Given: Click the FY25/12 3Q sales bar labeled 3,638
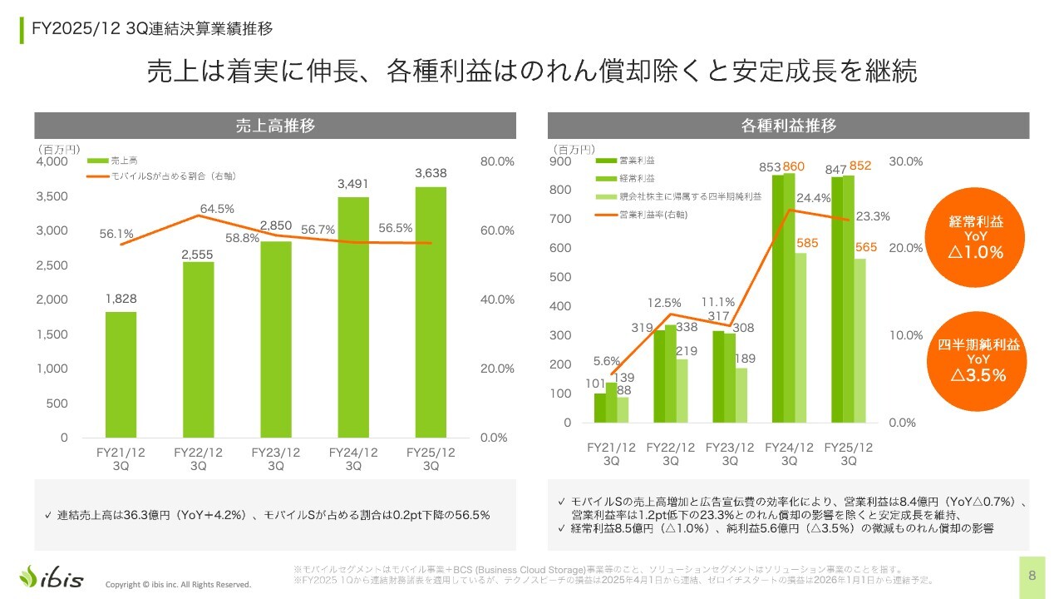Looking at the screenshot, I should click(431, 312).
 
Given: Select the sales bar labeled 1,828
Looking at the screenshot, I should click(121, 374).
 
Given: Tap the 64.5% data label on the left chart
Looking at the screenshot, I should click(216, 209).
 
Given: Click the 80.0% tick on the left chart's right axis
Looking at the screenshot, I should click(498, 161).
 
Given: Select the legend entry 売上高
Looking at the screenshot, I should click(124, 161).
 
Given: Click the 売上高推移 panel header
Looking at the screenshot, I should click(274, 126).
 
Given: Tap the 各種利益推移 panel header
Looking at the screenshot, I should click(788, 126).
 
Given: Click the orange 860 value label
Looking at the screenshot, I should click(794, 167).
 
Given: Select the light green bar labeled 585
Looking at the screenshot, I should click(800, 337).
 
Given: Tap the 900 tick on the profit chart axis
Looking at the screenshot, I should click(562, 161).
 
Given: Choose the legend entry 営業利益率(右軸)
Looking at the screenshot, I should click(656, 215).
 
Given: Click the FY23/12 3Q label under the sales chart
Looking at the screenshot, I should click(276, 459).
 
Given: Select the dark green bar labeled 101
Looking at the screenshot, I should click(600, 408).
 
